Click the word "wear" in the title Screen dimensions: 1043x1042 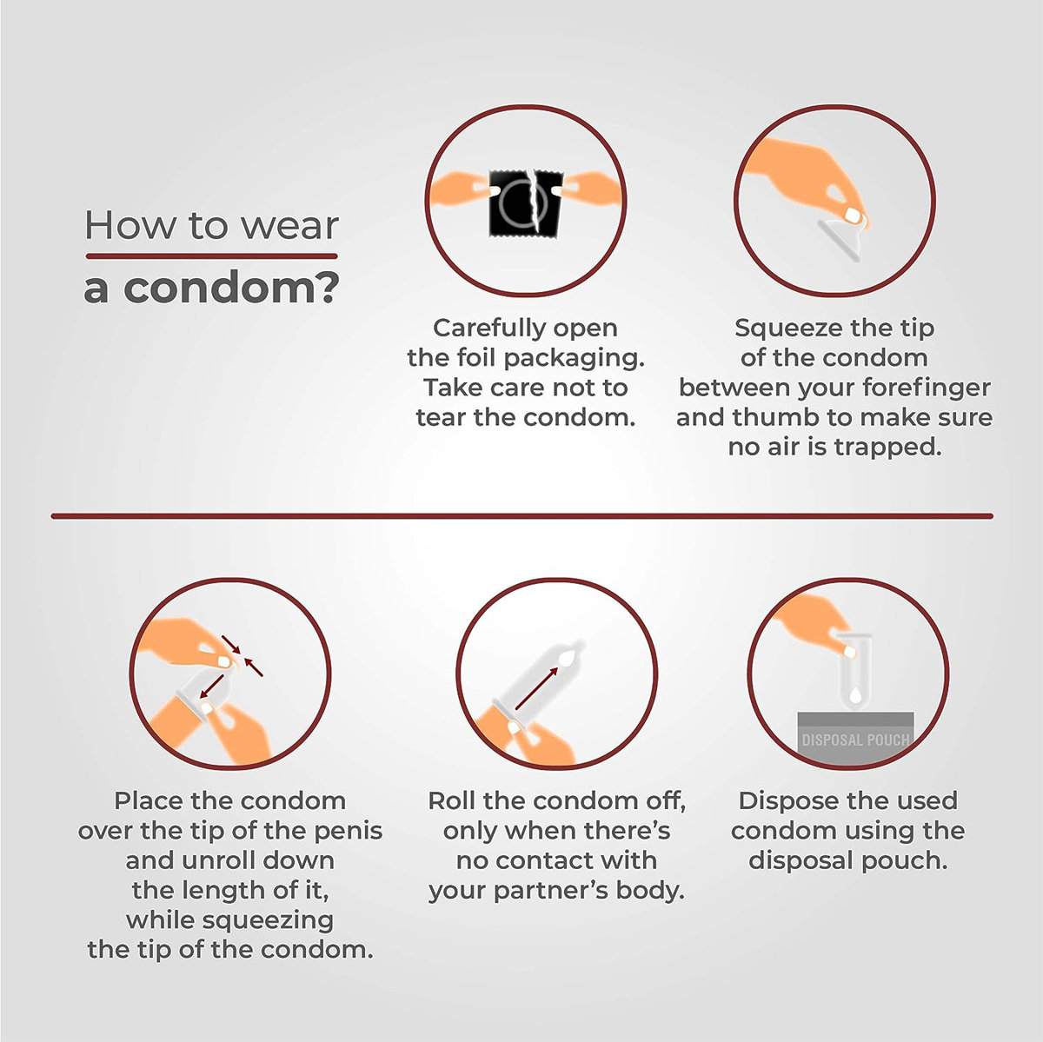[289, 226]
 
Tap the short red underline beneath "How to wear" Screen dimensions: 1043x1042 [211, 256]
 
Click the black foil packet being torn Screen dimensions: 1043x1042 [526, 203]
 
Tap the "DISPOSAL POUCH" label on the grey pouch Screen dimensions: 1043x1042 [855, 740]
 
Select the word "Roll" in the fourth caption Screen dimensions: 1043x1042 [450, 801]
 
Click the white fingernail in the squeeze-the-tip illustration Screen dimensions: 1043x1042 [854, 216]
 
